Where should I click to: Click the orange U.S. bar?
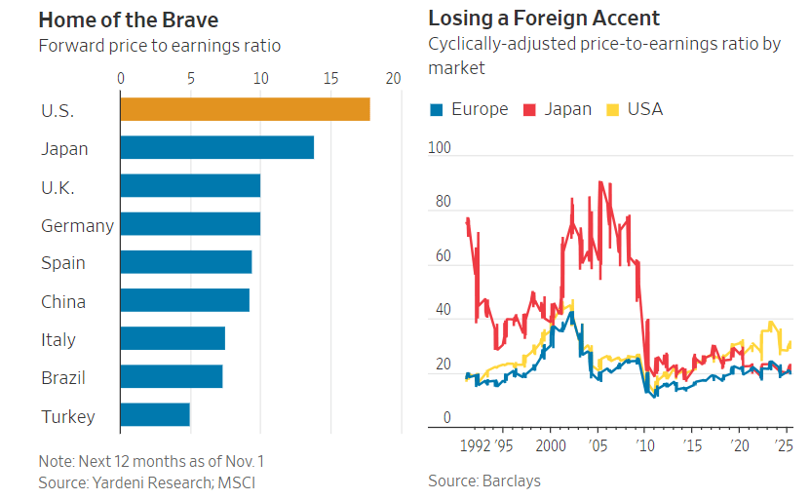pyautogui.click(x=245, y=109)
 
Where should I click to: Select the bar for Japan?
pyautogui.click(x=216, y=147)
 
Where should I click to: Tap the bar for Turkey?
pyautogui.click(x=154, y=415)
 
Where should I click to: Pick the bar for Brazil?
pyautogui.click(x=171, y=376)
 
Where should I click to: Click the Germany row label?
pyautogui.click(x=77, y=226)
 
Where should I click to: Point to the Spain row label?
pyautogui.click(x=63, y=263)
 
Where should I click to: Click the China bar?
pyautogui.click(x=184, y=300)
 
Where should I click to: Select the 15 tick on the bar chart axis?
pyautogui.click(x=330, y=78)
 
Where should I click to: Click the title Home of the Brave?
pyautogui.click(x=129, y=19)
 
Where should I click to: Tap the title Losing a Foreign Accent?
pyautogui.click(x=544, y=19)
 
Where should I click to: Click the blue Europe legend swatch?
pyautogui.click(x=436, y=109)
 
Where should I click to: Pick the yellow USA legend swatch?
pyautogui.click(x=614, y=109)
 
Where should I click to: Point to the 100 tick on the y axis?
pyautogui.click(x=439, y=147)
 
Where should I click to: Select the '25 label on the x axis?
pyautogui.click(x=783, y=444)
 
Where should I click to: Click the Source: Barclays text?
pyautogui.click(x=483, y=481)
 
